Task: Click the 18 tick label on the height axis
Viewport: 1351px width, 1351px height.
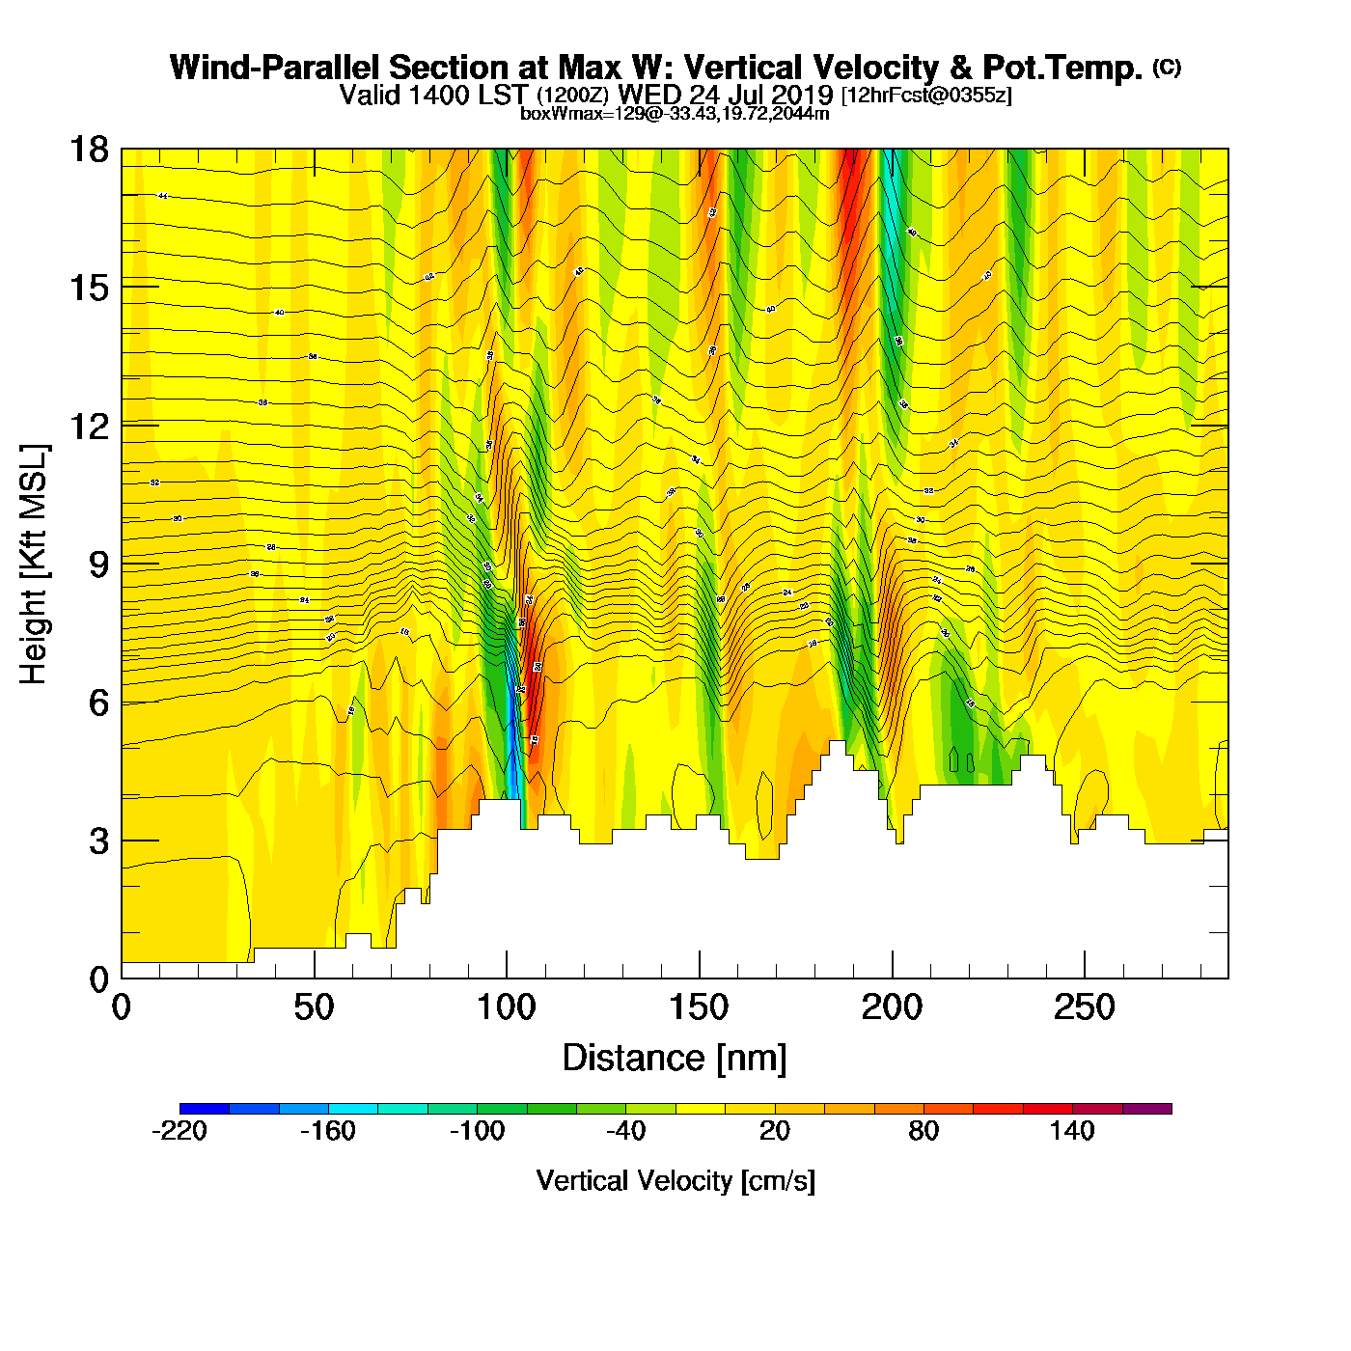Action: point(88,150)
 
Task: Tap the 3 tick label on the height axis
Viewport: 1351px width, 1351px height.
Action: point(98,841)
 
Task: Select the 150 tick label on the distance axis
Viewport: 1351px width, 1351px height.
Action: point(699,1008)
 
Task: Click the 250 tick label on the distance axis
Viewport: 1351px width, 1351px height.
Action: point(1084,1008)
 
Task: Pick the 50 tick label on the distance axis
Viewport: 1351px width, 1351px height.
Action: point(314,1008)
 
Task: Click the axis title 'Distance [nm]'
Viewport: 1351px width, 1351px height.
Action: point(675,1059)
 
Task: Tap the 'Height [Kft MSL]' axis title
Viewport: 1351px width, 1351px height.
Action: point(34,565)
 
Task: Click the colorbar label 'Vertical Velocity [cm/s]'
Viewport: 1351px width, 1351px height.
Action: point(675,1181)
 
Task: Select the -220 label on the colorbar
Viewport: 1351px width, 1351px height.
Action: point(179,1131)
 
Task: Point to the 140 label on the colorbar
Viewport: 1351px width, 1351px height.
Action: point(1072,1131)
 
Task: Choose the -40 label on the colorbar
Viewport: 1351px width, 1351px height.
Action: point(625,1131)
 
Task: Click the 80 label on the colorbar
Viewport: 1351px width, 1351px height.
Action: point(924,1131)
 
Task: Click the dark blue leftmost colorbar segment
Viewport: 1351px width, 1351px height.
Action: point(205,1109)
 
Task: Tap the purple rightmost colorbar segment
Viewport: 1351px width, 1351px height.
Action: point(1146,1109)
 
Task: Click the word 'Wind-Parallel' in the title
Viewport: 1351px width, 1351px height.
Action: point(276,69)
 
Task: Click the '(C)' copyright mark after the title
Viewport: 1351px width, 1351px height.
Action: point(1167,67)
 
